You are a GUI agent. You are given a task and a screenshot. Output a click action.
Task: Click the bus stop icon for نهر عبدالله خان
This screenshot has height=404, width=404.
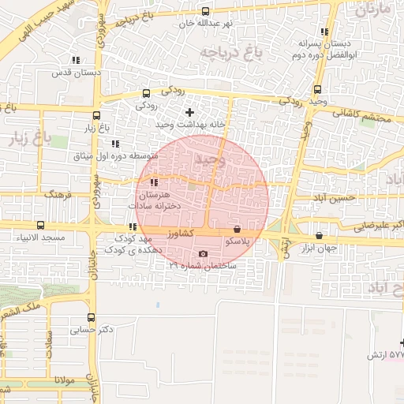pyautogui.click(x=206, y=11)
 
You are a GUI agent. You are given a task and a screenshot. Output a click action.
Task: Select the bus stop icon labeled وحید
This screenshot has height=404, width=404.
pyautogui.click(x=317, y=89)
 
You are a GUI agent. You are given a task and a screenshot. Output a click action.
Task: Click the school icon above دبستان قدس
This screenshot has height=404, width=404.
pyautogui.click(x=75, y=60)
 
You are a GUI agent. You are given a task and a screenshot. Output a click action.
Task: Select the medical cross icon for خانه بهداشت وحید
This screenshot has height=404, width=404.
pyautogui.click(x=189, y=113)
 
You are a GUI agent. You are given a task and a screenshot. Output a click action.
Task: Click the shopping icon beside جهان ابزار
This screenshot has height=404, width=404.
pyautogui.click(x=319, y=235)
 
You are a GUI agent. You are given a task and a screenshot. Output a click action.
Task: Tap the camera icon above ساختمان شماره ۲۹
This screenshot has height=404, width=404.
pyautogui.click(x=204, y=254)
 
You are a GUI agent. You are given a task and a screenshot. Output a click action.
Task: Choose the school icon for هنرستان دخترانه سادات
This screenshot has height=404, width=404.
pyautogui.click(x=153, y=183)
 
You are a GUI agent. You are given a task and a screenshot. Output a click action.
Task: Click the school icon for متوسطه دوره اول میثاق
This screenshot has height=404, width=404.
pyautogui.click(x=115, y=144)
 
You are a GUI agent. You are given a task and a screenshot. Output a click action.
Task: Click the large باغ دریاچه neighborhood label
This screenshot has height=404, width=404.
pyautogui.click(x=228, y=54)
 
